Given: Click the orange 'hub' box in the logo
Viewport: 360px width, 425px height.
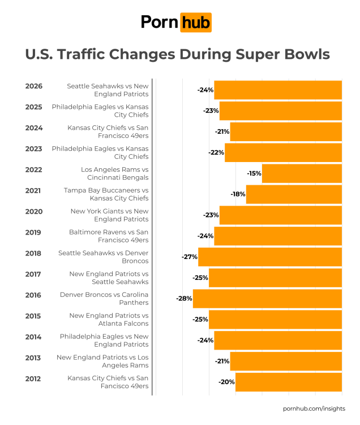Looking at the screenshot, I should (195, 22).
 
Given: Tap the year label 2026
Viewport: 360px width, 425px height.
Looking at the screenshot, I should (34, 86).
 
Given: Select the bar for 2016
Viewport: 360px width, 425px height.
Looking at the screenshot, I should (267, 299).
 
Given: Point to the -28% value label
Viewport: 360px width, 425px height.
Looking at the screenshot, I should (184, 299).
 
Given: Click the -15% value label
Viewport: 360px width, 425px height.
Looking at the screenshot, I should (254, 173).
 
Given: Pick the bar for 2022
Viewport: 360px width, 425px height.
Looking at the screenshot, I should (302, 173).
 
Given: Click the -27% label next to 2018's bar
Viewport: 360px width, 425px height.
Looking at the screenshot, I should (189, 257).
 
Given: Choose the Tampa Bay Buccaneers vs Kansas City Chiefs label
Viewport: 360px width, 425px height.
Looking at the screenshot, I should (106, 194).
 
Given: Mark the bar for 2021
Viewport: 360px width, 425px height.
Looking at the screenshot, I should (294, 194).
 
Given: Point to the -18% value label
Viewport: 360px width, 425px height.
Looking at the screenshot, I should (238, 194).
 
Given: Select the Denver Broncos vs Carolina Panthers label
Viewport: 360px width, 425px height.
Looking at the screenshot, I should (104, 299).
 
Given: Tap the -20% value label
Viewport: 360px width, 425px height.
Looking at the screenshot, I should (226, 382).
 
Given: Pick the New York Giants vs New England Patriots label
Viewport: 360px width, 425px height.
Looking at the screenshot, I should (109, 215).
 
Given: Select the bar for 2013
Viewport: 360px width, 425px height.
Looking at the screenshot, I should (286, 361).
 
